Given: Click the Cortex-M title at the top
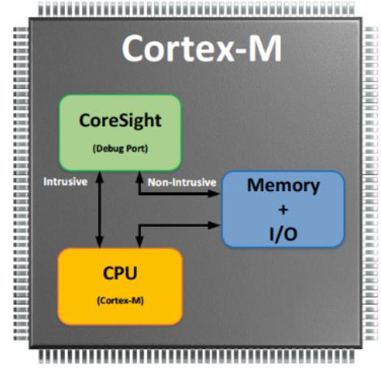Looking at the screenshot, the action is coord(202,49).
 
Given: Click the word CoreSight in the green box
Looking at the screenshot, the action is coord(120,122).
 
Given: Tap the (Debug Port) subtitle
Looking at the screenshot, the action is coord(121,148).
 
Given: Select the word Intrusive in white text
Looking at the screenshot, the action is coord(66,181).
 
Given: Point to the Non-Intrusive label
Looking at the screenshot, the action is coord(182,182).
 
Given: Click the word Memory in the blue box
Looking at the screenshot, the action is coord(283,186).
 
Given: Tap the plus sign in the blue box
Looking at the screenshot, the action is coord(283,210).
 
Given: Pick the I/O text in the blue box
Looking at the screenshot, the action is coord(283,234).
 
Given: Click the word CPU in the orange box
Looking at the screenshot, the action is coord(120,273).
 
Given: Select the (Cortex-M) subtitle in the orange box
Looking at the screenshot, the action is coord(120,301).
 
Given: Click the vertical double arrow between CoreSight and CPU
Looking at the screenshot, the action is coord(100,209).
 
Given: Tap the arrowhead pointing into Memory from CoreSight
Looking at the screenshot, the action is coord(214,194).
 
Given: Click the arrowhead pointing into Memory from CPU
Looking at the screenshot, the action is coord(214,225).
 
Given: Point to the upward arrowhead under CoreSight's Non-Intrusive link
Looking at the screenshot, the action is coord(139,177).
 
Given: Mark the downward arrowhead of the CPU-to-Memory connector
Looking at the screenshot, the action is coord(139,242).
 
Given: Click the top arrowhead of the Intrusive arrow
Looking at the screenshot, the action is coord(100,177).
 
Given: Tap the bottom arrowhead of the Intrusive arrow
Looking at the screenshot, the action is coord(100,242).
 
